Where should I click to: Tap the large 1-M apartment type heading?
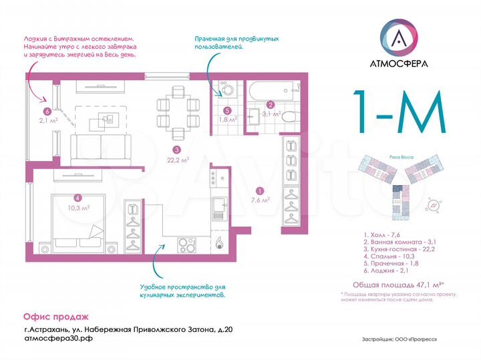pyautogui.click(x=399, y=114)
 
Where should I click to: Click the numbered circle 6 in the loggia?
pyautogui.click(x=46, y=112)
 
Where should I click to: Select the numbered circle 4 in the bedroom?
pyautogui.click(x=78, y=197)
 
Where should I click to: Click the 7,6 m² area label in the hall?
pyautogui.click(x=260, y=199)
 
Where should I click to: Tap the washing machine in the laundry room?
pyautogui.click(x=228, y=92)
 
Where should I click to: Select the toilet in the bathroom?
pyautogui.click(x=288, y=118)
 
